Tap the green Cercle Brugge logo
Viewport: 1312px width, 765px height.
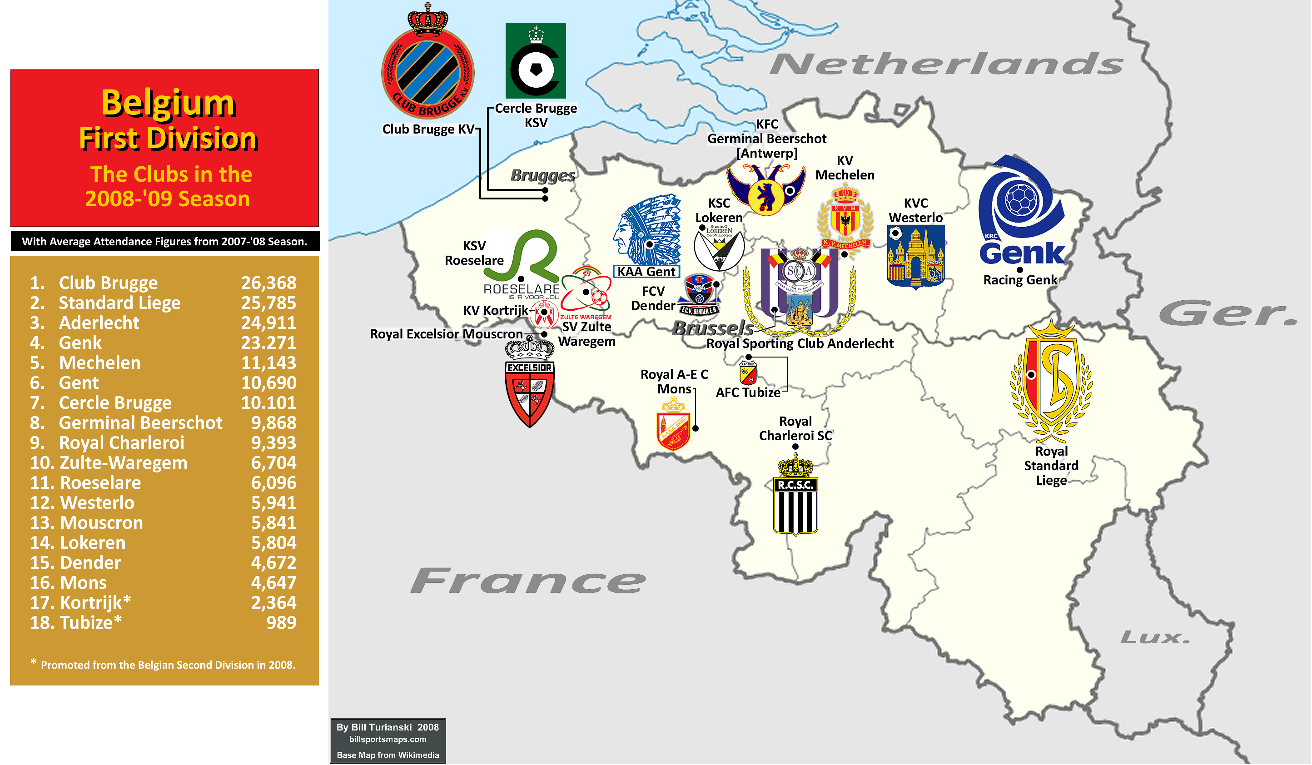(x=535, y=61)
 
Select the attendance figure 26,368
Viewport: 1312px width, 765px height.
(x=268, y=283)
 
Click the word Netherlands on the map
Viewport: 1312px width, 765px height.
(x=946, y=64)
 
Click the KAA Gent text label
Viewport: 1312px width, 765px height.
(x=646, y=272)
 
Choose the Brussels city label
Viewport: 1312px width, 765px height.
(x=713, y=328)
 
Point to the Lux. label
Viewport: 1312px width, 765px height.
(x=1155, y=637)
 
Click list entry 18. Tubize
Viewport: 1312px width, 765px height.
(x=76, y=622)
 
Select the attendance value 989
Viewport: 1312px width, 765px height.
(x=281, y=622)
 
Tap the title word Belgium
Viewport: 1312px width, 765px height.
(x=168, y=103)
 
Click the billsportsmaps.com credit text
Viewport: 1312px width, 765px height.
(x=388, y=740)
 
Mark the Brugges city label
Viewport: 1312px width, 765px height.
(x=542, y=175)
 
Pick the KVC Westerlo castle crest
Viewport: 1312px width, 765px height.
(x=915, y=256)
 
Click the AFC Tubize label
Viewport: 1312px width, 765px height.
(x=748, y=392)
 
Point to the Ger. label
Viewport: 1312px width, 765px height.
(x=1228, y=313)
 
